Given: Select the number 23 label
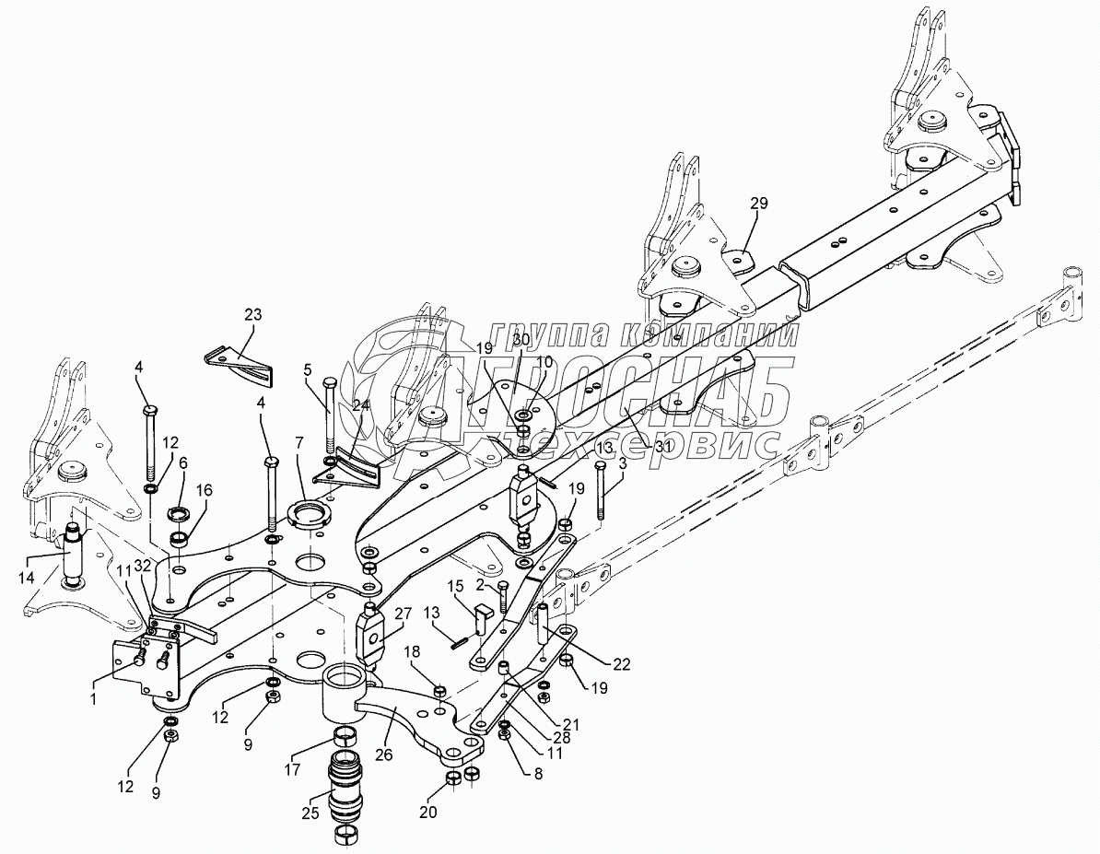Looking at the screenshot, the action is pos(252,315).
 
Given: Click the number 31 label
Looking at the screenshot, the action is pos(664,446).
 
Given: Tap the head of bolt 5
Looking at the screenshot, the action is pos(330,381).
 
